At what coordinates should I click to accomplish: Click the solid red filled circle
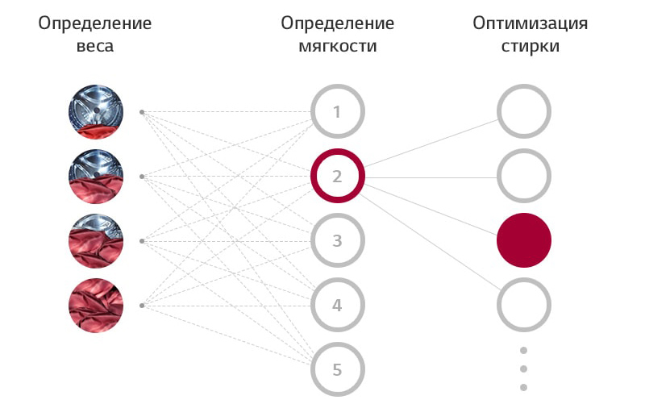point(523,240)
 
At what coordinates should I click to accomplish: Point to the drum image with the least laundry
point(96,112)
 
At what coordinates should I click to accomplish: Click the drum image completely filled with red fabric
point(96,306)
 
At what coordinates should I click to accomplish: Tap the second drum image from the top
point(96,177)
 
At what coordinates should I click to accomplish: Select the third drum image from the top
point(96,240)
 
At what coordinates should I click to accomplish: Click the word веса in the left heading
point(95,46)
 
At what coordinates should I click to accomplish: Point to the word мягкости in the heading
point(337,46)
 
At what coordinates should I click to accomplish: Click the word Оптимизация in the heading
point(530,23)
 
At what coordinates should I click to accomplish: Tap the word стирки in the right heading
point(530,46)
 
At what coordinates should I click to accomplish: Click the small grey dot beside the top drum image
point(142,112)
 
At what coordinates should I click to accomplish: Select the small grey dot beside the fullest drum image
point(142,306)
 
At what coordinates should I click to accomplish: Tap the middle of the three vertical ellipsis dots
point(523,369)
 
